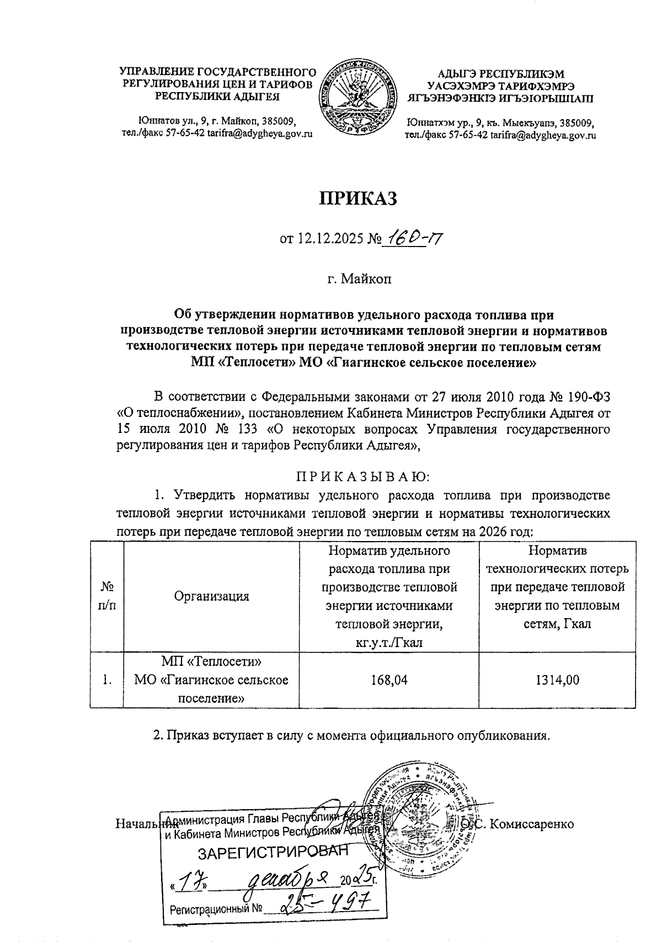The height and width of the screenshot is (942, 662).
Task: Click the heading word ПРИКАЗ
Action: click(x=359, y=199)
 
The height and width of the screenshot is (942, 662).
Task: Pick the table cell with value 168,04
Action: click(x=389, y=680)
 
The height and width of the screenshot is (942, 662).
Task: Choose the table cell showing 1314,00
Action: click(x=558, y=680)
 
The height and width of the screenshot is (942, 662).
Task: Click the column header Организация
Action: click(x=211, y=596)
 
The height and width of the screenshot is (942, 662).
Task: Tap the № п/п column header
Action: click(x=107, y=596)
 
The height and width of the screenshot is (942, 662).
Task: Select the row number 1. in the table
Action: click(x=107, y=680)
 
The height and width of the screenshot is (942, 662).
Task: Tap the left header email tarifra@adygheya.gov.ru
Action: click(x=259, y=134)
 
